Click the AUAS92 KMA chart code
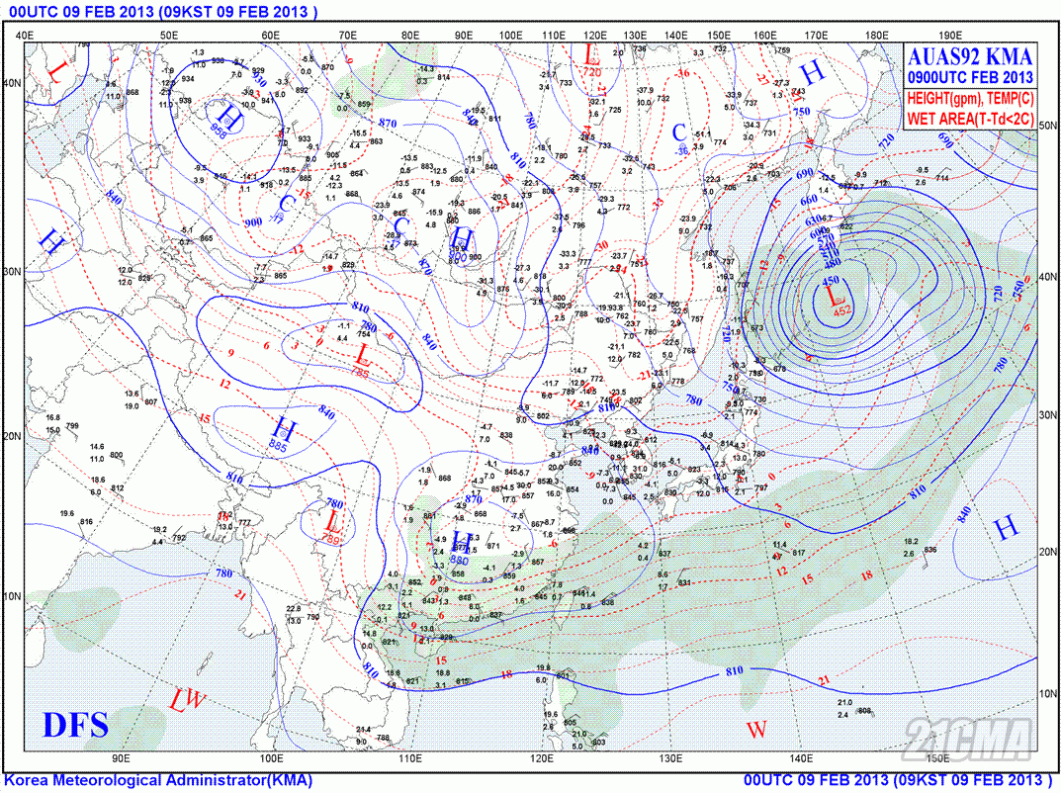click(x=970, y=56)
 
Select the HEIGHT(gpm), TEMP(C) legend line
click(x=970, y=99)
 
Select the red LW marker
click(x=187, y=701)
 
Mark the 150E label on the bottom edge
click(x=937, y=758)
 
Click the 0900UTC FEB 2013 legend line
click(x=970, y=77)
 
